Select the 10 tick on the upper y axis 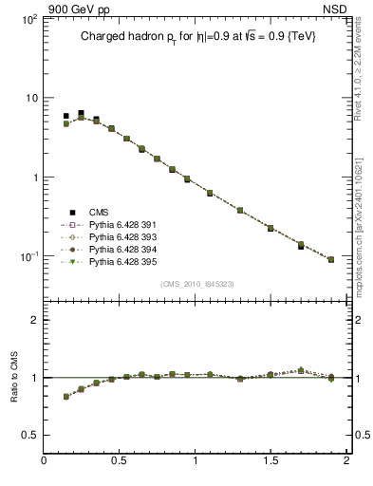click(29, 98)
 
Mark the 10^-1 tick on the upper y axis click(28, 256)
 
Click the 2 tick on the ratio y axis click(33, 320)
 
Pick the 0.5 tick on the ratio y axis click(29, 435)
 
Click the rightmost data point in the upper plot click(331, 259)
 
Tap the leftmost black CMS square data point click(65, 116)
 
